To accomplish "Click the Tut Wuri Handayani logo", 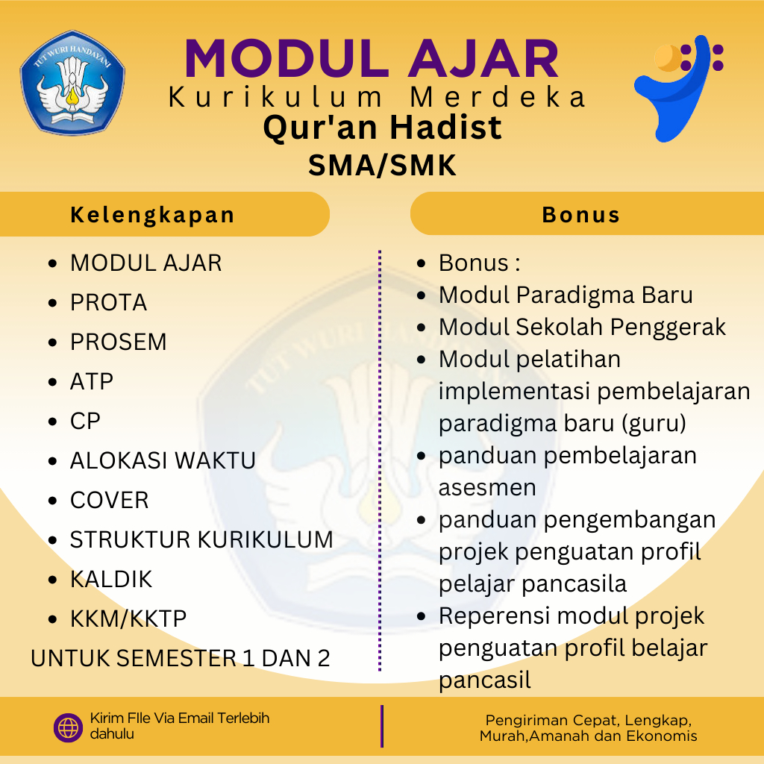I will [x=72, y=82].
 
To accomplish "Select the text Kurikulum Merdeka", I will [x=378, y=98].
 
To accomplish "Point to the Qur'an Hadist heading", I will [x=382, y=128].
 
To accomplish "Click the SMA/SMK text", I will [x=382, y=165].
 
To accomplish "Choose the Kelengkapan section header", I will [x=153, y=215].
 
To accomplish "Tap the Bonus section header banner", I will [x=581, y=215].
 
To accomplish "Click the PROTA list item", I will [x=108, y=303].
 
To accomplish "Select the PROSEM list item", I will [x=118, y=342].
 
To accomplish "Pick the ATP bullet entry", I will [x=92, y=382].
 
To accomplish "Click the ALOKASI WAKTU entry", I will [x=163, y=460].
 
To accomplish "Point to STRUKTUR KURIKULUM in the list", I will [x=201, y=539].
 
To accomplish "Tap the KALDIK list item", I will [x=111, y=579].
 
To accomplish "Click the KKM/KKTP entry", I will [x=128, y=619].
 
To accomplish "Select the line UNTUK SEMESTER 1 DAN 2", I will [x=181, y=659].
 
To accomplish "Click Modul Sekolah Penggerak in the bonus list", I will [x=582, y=327].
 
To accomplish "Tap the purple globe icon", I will [x=68, y=727].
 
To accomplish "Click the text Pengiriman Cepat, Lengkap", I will [x=589, y=720].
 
